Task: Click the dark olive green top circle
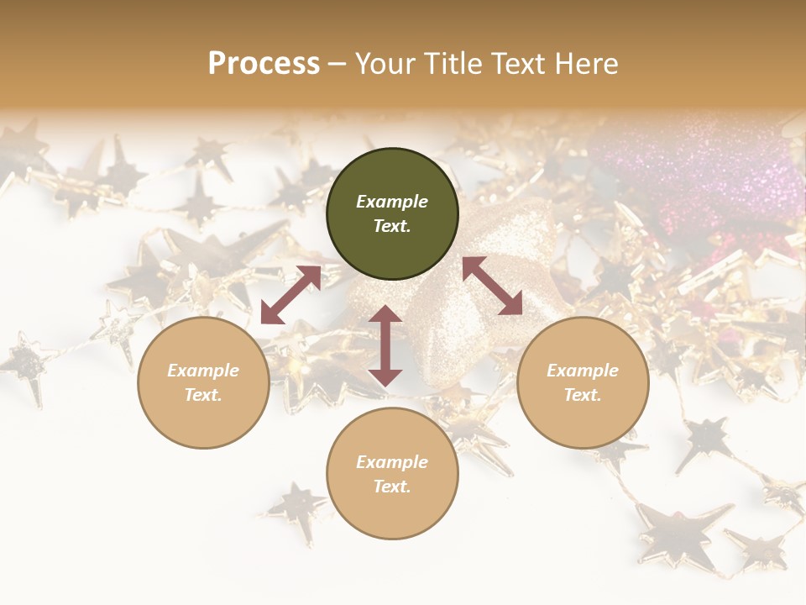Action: click(392, 214)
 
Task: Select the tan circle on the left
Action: click(203, 382)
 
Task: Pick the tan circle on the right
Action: click(583, 382)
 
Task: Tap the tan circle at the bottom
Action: click(392, 474)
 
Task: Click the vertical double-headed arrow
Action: click(385, 345)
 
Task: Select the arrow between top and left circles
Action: click(290, 295)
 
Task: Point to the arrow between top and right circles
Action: click(492, 286)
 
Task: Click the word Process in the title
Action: click(264, 63)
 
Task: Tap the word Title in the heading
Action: click(458, 63)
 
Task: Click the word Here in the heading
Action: click(587, 63)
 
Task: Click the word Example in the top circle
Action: click(392, 202)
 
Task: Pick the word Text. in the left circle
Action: click(203, 395)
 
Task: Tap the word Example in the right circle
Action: click(583, 370)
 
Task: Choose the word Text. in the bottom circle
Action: click(392, 487)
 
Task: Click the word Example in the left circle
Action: click(203, 370)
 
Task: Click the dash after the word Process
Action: click(338, 64)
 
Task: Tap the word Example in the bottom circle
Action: click(392, 461)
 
